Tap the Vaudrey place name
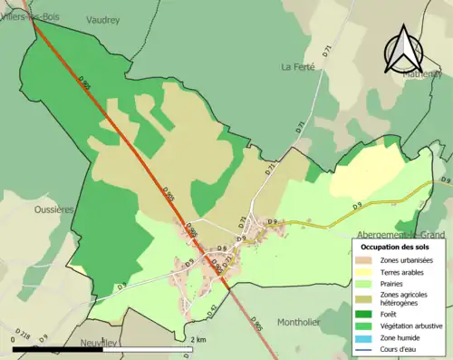coord(103,18)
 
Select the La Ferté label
coord(297,66)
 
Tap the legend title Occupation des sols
coord(393,246)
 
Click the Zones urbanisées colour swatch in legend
coord(366,259)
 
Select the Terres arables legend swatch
coord(366,271)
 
